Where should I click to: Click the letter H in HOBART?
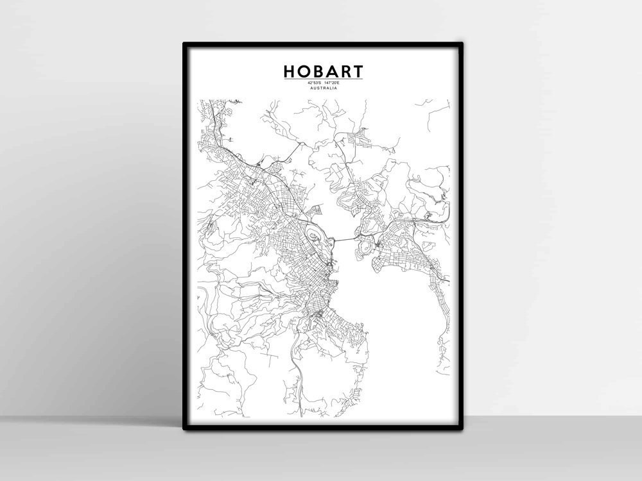pos(290,71)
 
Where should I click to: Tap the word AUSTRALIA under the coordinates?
pos(323,89)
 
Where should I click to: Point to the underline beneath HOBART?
pos(323,79)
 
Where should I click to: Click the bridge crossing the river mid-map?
pos(343,239)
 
